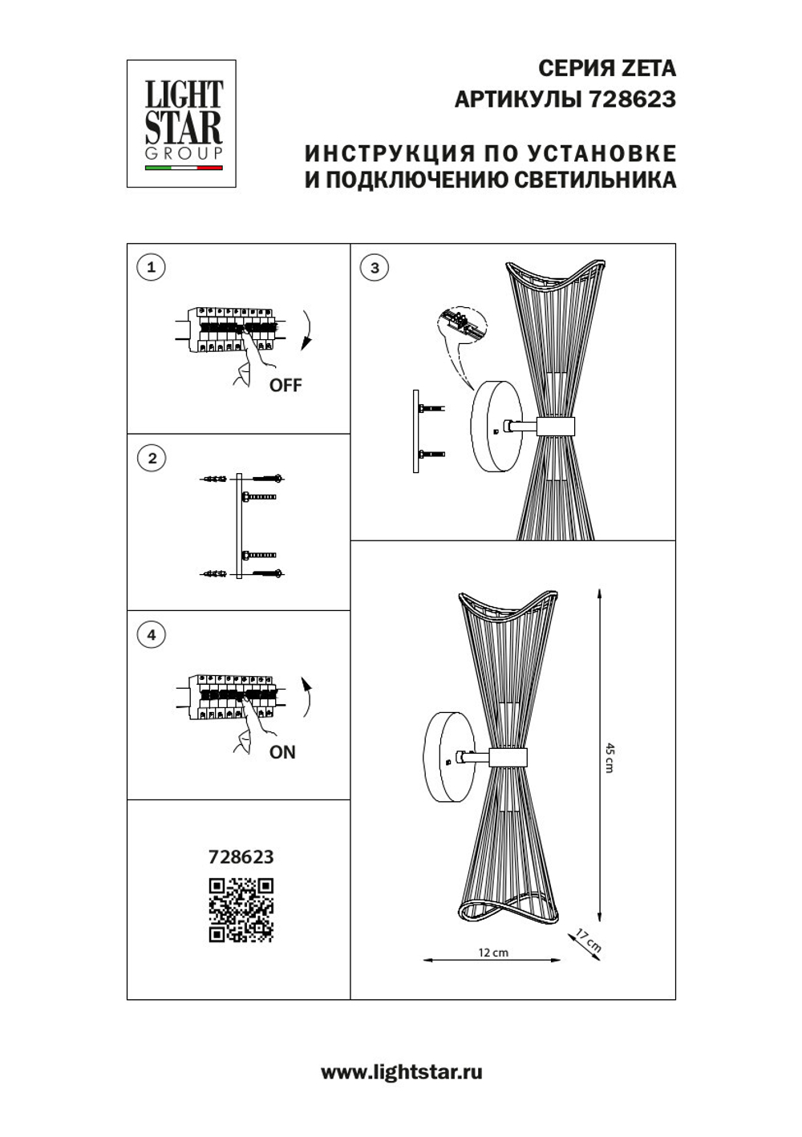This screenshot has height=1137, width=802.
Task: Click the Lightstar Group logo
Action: tap(181, 123)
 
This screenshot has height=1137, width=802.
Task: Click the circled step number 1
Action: tap(152, 267)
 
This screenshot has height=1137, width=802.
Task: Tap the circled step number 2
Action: tap(152, 459)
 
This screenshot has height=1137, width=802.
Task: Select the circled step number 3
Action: tap(375, 267)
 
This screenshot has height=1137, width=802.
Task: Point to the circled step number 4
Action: tap(152, 635)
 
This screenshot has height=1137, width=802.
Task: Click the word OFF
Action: tap(286, 386)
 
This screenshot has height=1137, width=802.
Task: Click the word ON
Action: tap(282, 752)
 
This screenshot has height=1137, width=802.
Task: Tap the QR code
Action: tap(241, 910)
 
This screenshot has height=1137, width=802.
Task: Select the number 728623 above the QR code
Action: tap(241, 857)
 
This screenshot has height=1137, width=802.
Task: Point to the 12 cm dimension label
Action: tap(493, 953)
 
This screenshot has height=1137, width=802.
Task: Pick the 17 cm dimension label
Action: tap(589, 940)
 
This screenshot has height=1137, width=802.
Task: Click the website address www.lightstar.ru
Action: tap(401, 1073)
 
